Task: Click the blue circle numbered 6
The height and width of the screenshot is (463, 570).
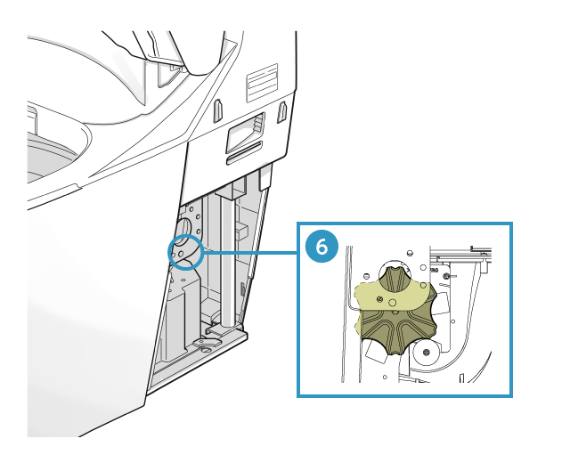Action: [322, 247]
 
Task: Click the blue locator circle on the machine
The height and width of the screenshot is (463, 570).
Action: [185, 252]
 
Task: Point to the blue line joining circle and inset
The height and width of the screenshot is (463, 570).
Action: [250, 252]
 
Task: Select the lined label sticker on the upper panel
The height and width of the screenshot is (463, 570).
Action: [262, 83]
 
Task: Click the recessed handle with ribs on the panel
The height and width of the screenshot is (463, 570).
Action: [246, 133]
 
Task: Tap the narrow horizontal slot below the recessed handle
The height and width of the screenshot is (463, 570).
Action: [244, 153]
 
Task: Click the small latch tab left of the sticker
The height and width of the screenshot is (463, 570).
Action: [217, 110]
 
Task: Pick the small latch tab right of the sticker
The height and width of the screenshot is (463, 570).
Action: [282, 112]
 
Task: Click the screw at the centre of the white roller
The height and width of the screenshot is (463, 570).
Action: [427, 352]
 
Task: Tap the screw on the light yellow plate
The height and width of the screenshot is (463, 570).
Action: [380, 299]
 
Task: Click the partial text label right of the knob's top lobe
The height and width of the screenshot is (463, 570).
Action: [434, 271]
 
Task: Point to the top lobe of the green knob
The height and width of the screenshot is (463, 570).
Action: [395, 279]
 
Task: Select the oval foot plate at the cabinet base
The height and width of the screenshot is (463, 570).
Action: [208, 342]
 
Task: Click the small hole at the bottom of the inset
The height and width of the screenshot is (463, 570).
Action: [385, 377]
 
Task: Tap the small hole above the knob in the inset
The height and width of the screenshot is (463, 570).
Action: [410, 253]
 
